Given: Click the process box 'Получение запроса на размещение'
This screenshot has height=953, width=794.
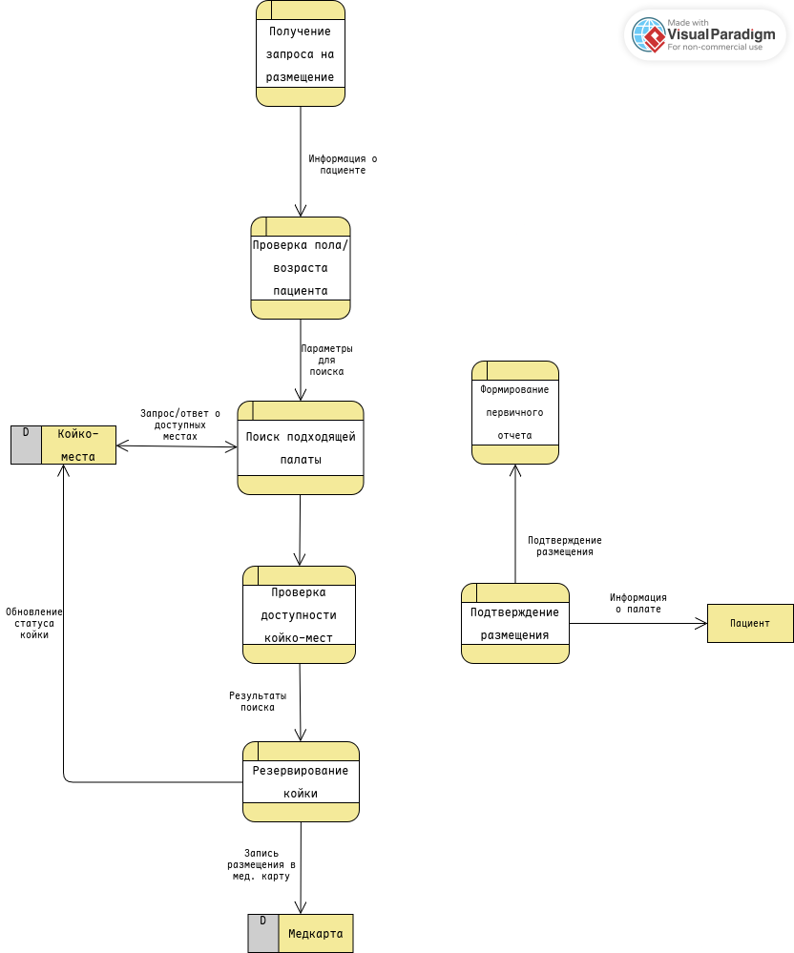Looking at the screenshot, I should point(300,53).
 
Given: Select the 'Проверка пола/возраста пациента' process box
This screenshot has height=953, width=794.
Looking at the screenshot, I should point(300,268).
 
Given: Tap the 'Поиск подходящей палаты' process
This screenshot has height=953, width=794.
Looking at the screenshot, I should point(300,447).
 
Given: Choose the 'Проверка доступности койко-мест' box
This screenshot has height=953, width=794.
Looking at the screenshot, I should point(299,615).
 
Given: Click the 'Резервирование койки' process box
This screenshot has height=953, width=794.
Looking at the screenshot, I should point(301,781).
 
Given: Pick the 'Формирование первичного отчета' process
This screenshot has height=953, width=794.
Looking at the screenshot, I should point(515,413).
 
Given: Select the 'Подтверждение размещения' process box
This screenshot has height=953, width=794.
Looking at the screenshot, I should point(515,623).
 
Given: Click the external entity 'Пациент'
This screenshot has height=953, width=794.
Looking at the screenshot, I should point(750,623).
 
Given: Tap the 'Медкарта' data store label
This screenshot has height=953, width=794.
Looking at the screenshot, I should point(316,933).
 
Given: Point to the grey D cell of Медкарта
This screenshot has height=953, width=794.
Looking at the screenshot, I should point(262,933).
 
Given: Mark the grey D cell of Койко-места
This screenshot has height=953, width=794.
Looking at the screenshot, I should point(26,445).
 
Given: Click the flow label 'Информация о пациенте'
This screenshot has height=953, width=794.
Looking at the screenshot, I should point(336,164).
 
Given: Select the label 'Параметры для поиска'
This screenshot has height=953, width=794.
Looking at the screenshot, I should point(326,360).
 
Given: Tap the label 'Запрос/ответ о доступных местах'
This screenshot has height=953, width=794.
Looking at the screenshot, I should point(180,425).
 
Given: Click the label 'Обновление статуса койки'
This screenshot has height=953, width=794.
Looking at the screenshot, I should point(34,623).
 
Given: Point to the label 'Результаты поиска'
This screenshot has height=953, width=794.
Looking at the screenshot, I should point(258,701).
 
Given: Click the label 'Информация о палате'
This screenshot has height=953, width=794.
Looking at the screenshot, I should point(637,603).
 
